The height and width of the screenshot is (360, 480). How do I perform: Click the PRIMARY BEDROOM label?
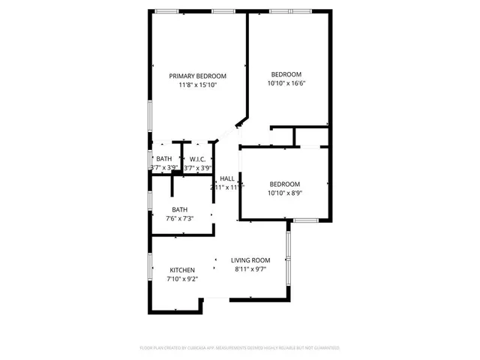tap(197, 76)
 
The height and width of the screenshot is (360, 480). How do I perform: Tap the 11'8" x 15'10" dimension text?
tap(197, 85)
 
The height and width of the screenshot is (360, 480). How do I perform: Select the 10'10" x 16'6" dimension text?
tap(286, 83)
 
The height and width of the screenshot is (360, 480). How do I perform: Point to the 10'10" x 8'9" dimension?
tap(285, 193)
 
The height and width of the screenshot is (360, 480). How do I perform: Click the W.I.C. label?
tap(198, 159)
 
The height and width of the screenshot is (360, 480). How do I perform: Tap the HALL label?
tap(226, 178)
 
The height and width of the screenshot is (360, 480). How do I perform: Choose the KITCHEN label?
tap(182, 270)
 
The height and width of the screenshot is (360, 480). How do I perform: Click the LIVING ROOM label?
tap(250, 259)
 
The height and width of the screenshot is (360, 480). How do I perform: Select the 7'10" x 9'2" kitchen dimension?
tap(182, 279)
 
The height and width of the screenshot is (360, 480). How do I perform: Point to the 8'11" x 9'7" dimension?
tap(250, 268)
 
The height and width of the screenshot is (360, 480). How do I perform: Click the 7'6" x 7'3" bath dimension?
tap(179, 218)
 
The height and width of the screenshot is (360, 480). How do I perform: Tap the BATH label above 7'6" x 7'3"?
tap(179, 209)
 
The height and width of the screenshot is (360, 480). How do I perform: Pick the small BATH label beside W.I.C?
tap(163, 159)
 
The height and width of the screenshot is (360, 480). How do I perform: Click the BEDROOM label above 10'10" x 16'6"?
tap(286, 74)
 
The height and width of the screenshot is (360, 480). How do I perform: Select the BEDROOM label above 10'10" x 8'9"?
tap(285, 184)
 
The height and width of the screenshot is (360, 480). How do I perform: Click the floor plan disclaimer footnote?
tap(240, 348)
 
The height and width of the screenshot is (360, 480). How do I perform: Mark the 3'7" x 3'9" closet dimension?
tap(197, 168)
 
